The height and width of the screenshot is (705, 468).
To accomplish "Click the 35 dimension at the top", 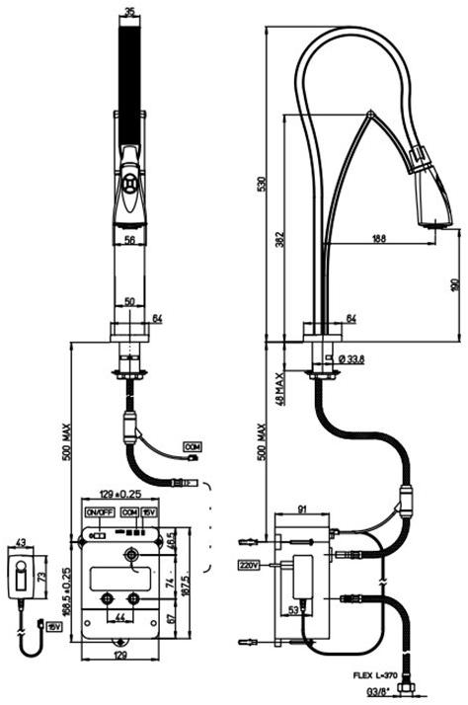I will [130, 13].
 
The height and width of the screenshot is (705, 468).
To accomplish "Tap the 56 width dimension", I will [129, 238].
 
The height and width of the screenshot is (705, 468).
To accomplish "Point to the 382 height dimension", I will [279, 238].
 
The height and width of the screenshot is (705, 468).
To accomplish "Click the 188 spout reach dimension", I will [378, 238].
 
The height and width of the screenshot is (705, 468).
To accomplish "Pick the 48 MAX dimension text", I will [279, 390].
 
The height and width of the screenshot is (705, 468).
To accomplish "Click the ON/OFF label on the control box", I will [100, 513].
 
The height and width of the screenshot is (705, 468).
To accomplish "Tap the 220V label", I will [248, 567].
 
